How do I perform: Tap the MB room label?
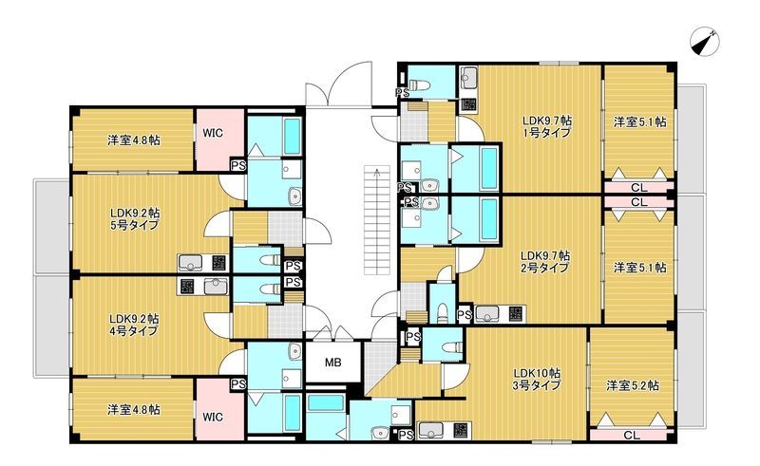tap(332, 362)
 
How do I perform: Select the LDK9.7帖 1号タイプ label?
tap(547, 126)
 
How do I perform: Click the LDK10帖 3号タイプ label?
tap(537, 380)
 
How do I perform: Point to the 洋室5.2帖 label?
tap(633, 385)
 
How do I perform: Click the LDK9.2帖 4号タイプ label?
tap(134, 325)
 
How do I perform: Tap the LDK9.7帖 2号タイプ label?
tap(545, 261)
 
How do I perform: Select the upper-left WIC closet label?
tap(213, 132)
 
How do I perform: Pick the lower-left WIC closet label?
tap(213, 417)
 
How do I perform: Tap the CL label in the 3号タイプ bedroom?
tap(632, 435)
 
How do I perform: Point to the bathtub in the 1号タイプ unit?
tap(488, 169)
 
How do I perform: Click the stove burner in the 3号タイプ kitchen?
tap(461, 430)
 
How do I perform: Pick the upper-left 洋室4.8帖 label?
tap(134, 140)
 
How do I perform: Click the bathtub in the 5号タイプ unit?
tap(292, 137)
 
